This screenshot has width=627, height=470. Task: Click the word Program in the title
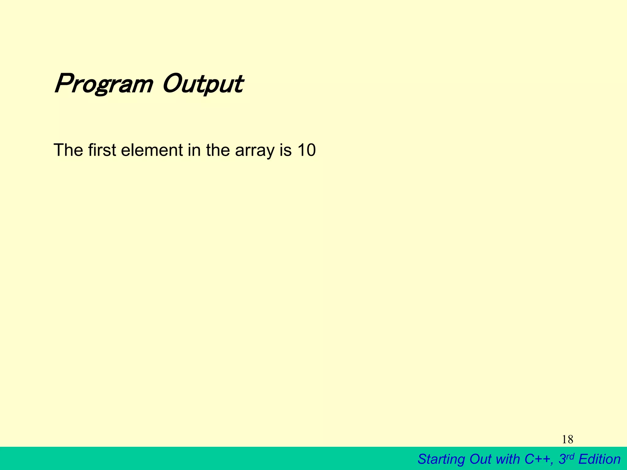pos(103,84)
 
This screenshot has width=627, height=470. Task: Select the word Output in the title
pos(203,84)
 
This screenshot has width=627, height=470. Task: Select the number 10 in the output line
pos(306,150)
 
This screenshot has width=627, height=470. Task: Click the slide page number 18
pos(568,440)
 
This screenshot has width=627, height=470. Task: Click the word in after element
pos(194,150)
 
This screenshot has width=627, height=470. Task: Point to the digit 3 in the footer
pos(562,459)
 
